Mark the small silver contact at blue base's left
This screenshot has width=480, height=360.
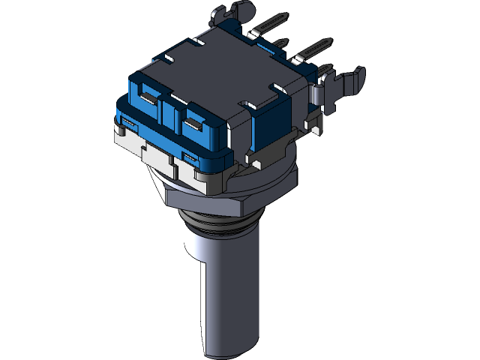pos(127,120)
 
